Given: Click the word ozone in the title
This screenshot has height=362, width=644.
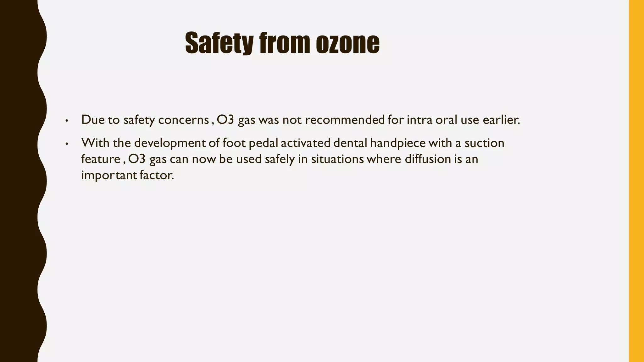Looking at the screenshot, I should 347,43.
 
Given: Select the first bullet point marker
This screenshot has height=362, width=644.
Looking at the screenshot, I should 66,121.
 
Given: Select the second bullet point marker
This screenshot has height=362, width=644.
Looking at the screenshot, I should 66,144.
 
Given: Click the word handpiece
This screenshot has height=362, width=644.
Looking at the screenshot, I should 397,143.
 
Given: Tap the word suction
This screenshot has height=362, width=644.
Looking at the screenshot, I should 484,143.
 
